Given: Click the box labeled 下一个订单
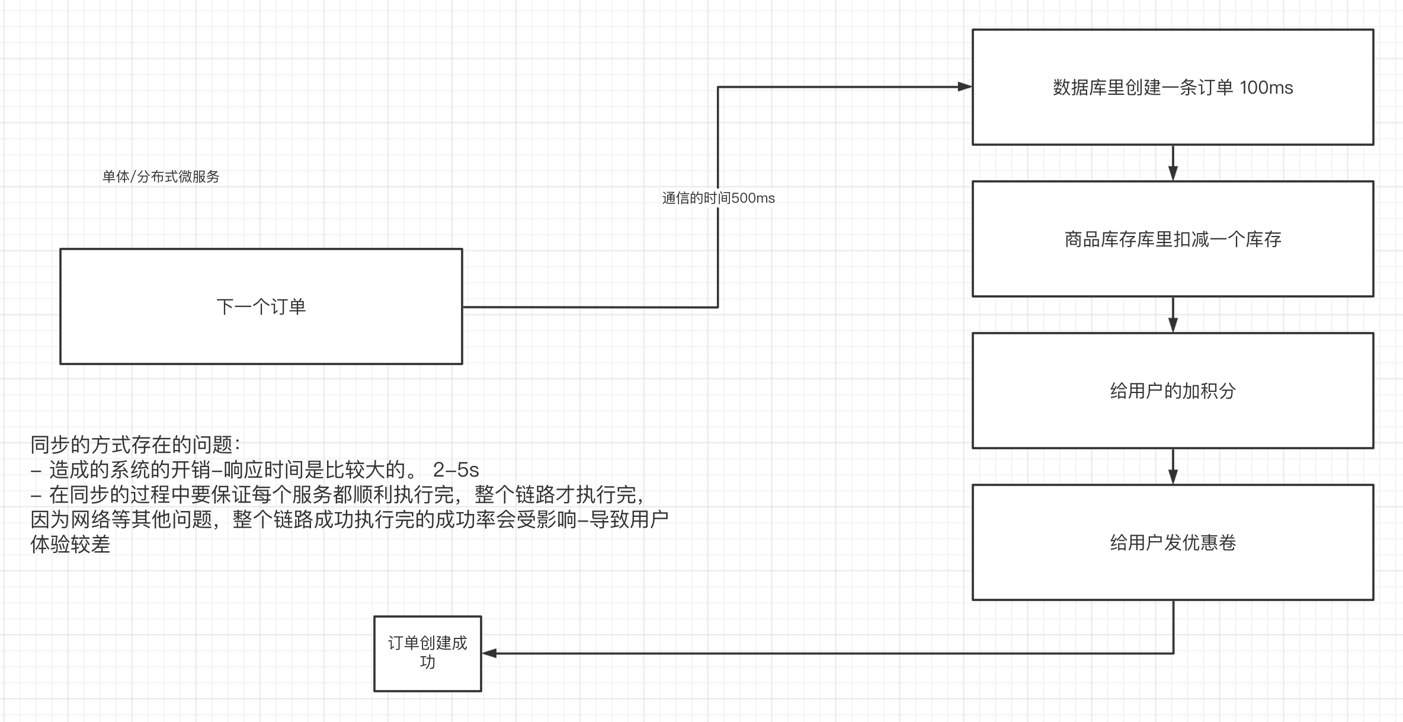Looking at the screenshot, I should pyautogui.click(x=261, y=306).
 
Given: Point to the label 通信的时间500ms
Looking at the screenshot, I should pyautogui.click(x=718, y=198).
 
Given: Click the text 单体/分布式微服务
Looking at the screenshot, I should pyautogui.click(x=161, y=177).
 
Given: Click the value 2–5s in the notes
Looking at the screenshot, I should pyautogui.click(x=456, y=470).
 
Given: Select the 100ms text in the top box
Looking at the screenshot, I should pyautogui.click(x=1266, y=88).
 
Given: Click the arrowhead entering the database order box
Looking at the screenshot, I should pyautogui.click(x=965, y=87).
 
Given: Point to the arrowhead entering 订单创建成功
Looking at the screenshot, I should pyautogui.click(x=489, y=653).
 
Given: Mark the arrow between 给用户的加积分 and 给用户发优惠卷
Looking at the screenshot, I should pyautogui.click(x=1173, y=467).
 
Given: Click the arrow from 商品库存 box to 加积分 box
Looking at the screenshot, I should pyautogui.click(x=1173, y=315).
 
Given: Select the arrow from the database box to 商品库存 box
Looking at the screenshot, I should pyautogui.click(x=1173, y=164).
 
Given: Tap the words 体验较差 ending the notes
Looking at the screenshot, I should pyautogui.click(x=71, y=544).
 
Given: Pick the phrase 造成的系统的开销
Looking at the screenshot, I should pyautogui.click(x=130, y=470).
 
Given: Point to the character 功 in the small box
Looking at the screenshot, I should pyautogui.click(x=427, y=662).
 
